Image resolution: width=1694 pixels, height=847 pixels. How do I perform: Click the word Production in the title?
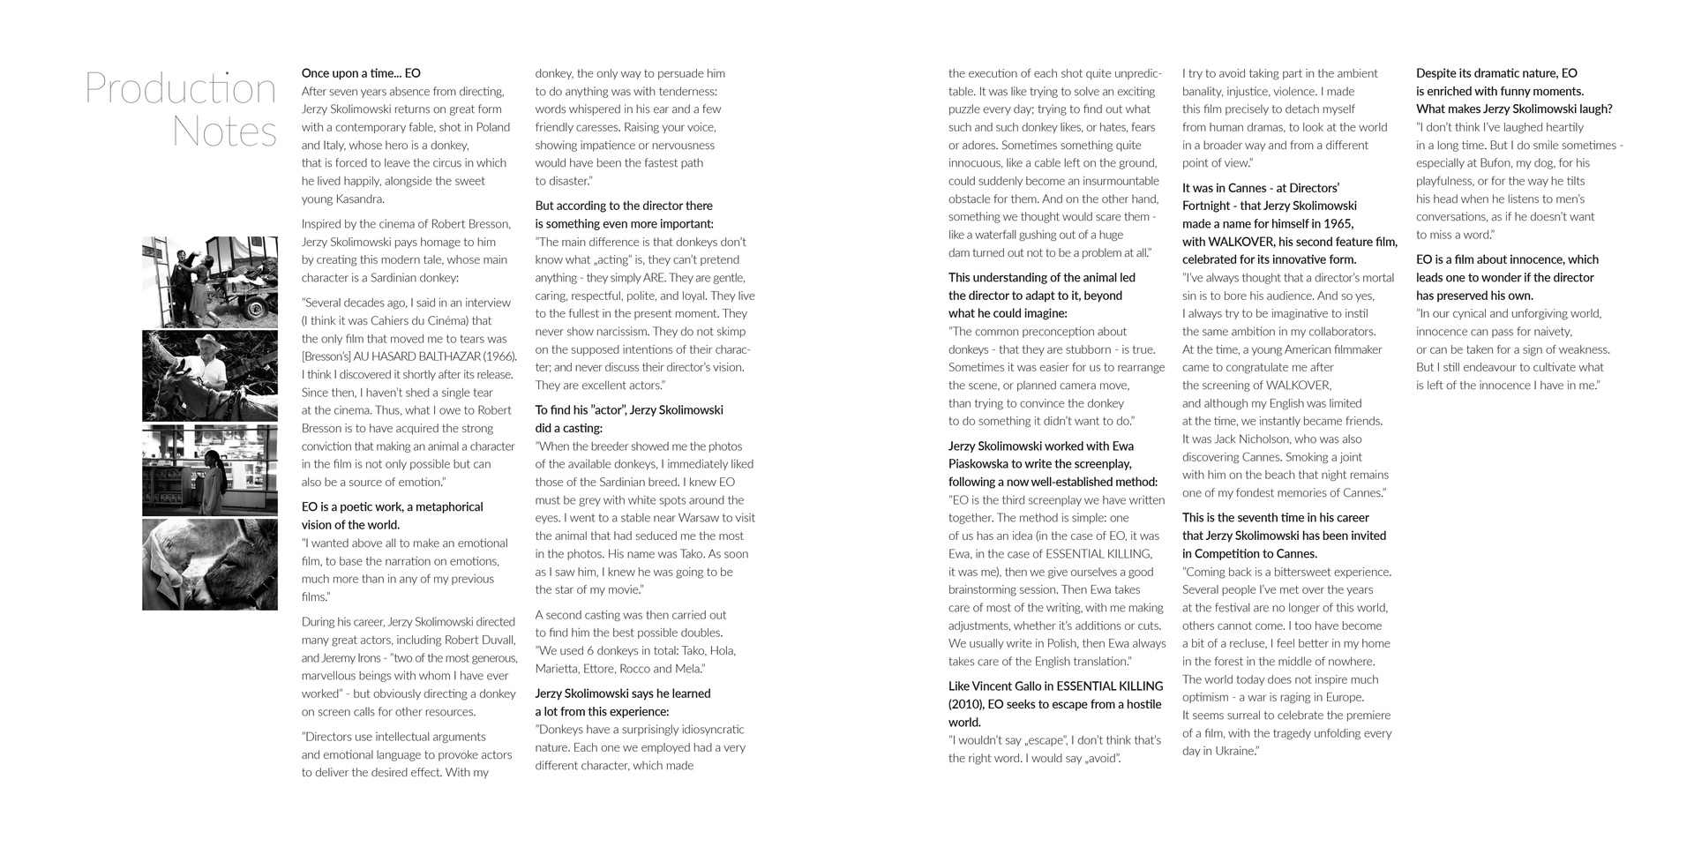[181, 89]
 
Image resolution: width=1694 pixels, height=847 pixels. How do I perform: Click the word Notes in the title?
[224, 131]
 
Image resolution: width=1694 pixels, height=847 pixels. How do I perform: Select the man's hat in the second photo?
[208, 341]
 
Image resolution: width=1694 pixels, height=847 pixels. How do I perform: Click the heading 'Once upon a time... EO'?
[361, 73]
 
